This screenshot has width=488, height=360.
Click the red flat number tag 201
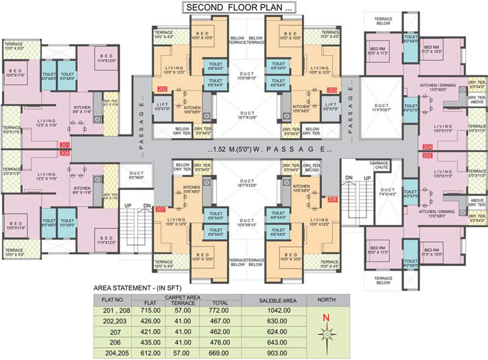65,145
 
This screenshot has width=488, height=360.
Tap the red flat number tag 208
65,153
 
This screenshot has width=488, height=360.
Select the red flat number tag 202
162,89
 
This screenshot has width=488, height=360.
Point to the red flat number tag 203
332,89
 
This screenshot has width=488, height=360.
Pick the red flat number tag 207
161,209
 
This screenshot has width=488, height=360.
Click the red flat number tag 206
332,199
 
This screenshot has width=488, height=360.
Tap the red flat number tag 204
427,147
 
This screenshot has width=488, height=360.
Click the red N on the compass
326,318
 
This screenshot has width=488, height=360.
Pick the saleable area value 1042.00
273,310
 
